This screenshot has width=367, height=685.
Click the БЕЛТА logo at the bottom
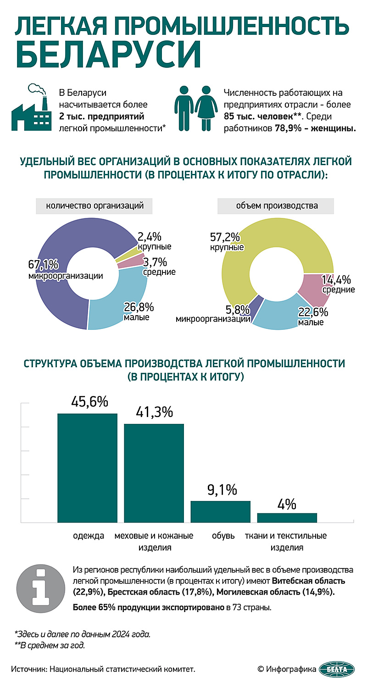pyautogui.click(x=337, y=669)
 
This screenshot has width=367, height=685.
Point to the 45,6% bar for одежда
pyautogui.click(x=87, y=468)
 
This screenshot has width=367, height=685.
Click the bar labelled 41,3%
pyautogui.click(x=154, y=473)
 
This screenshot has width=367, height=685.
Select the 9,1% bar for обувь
pyautogui.click(x=221, y=512)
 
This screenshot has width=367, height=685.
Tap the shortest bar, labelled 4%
pyautogui.click(x=287, y=518)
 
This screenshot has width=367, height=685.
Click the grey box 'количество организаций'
pyautogui.click(x=95, y=206)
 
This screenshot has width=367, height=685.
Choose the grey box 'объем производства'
pyautogui.click(x=277, y=206)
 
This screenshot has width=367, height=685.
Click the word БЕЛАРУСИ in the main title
pyautogui.click(x=109, y=55)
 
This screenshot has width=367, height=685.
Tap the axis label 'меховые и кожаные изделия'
pyautogui.click(x=154, y=541)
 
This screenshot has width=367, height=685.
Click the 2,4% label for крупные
pyautogui.click(x=150, y=237)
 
